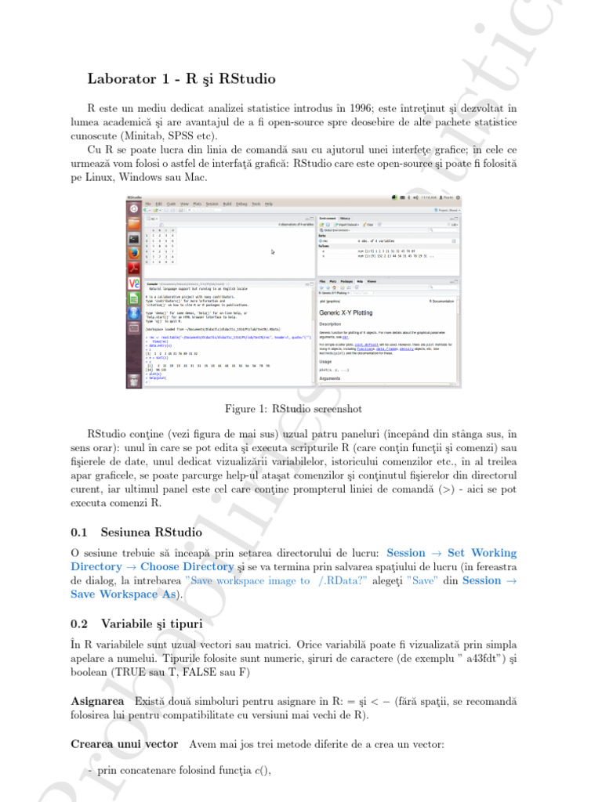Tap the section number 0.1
coord(79,533)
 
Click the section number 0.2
coord(79,623)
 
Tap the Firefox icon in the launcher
coord(134,254)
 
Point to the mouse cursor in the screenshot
coord(273,251)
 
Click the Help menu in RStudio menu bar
coord(268,204)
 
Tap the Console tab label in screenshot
coord(153,284)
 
